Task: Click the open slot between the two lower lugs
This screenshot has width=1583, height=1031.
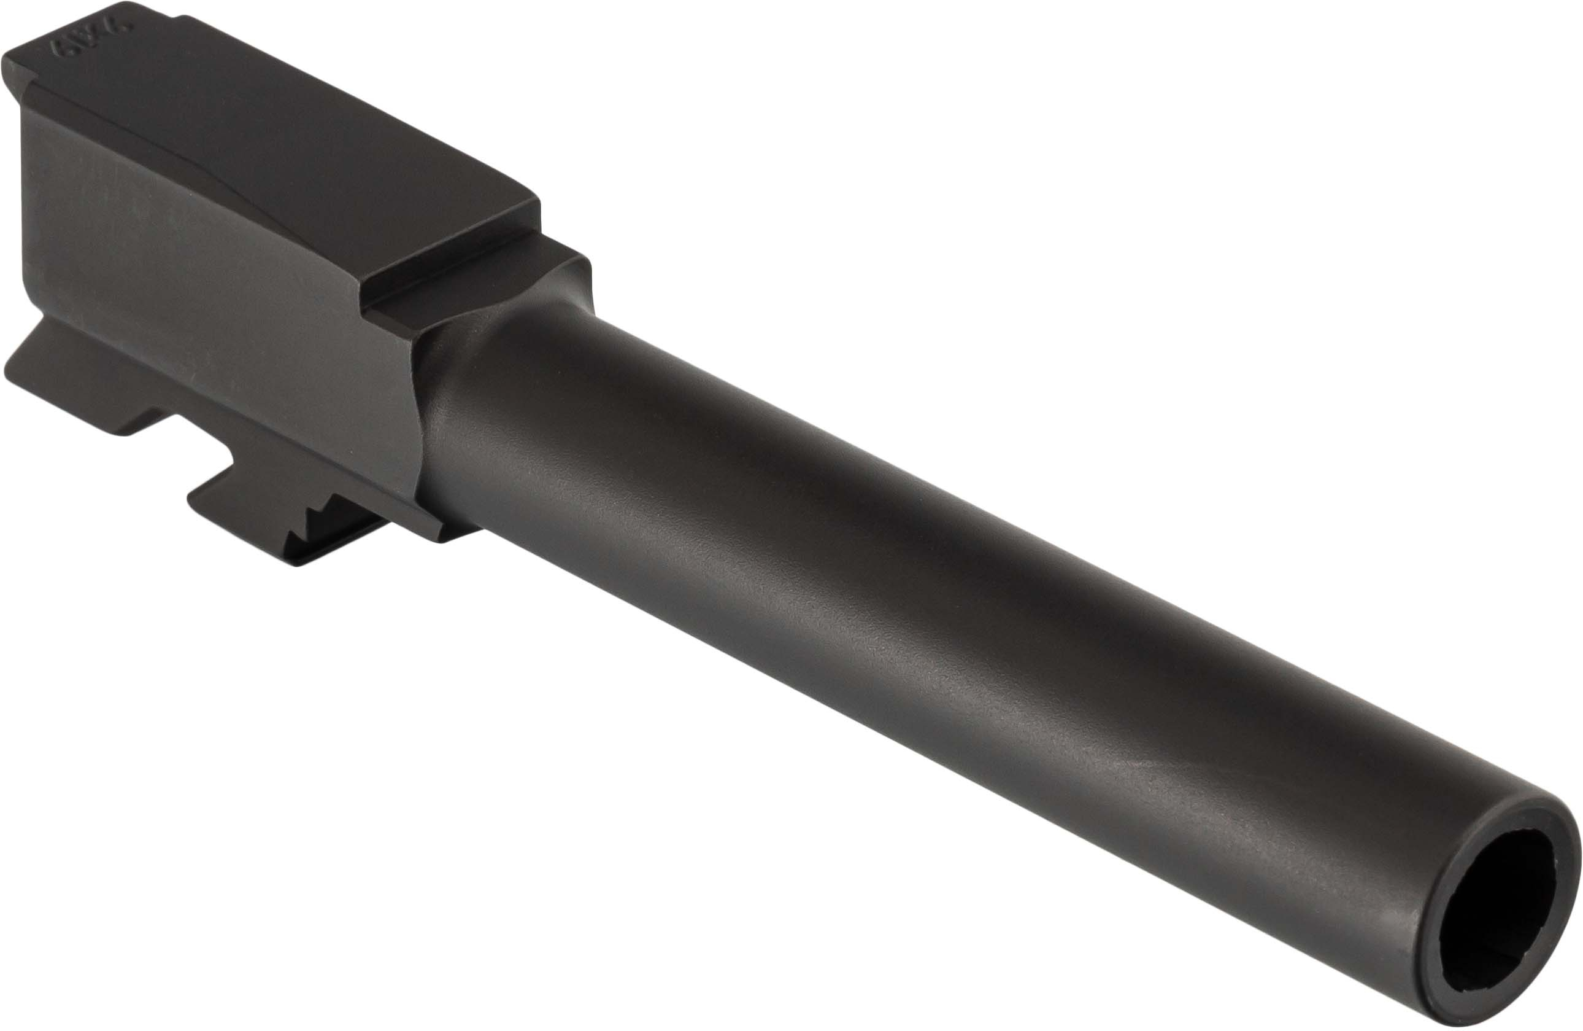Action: pos(199,453)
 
